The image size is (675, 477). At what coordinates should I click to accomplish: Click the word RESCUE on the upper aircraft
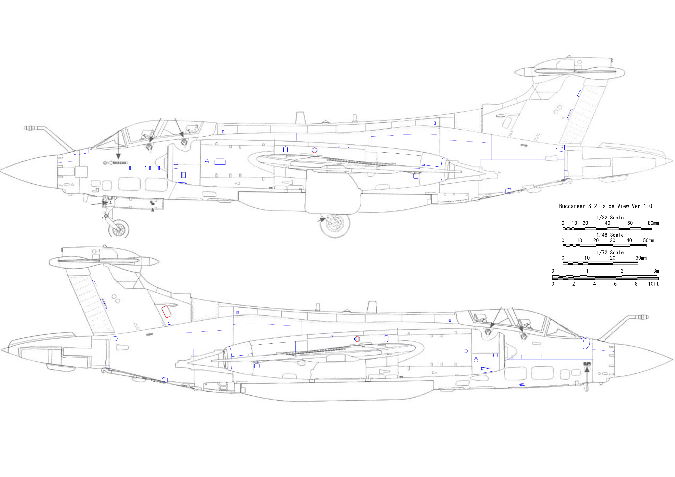pyautogui.click(x=120, y=163)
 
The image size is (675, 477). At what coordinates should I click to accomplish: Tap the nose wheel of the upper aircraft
pyautogui.click(x=119, y=229)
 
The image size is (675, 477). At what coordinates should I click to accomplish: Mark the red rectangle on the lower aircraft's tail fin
pyautogui.click(x=166, y=311)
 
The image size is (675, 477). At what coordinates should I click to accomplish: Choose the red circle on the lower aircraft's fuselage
pyautogui.click(x=357, y=339)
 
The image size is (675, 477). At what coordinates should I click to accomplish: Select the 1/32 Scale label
pyautogui.click(x=610, y=218)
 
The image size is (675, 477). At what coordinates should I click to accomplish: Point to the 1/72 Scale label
pyautogui.click(x=610, y=252)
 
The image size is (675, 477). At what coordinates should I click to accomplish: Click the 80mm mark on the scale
pyautogui.click(x=653, y=223)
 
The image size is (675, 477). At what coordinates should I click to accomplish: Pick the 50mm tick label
pyautogui.click(x=649, y=240)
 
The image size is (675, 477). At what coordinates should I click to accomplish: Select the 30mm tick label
pyautogui.click(x=641, y=258)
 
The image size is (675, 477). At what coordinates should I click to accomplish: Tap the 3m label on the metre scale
pyautogui.click(x=656, y=271)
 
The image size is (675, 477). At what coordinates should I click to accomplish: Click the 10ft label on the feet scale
pyautogui.click(x=653, y=284)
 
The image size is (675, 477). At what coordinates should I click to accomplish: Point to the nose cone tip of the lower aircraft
pyautogui.click(x=673, y=359)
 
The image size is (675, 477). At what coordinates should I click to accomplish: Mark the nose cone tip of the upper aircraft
pyautogui.click(x=1, y=170)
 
